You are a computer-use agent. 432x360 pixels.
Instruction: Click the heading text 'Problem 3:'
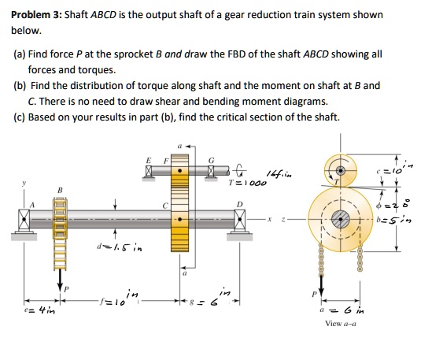click(36, 15)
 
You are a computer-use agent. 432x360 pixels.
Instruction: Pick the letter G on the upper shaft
click(211, 161)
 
